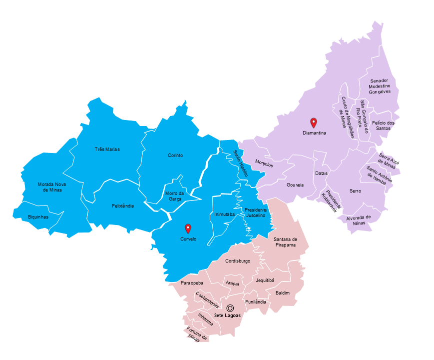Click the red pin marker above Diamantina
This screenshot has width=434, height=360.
[x=314, y=122]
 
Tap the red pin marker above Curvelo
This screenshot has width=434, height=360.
[x=188, y=228]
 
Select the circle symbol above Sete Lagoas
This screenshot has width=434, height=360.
[x=230, y=308]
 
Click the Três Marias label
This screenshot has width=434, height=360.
[x=107, y=149]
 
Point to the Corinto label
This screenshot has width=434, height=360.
[x=175, y=155]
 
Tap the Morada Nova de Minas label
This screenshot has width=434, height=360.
[x=52, y=187]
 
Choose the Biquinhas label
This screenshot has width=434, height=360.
[x=38, y=217]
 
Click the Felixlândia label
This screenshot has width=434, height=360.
[x=122, y=205]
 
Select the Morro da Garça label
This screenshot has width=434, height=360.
[x=174, y=196]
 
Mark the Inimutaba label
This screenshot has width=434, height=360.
[x=224, y=214]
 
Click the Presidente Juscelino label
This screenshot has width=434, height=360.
[x=255, y=212]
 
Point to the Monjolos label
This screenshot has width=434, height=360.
[x=264, y=163]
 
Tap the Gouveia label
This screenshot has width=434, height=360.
[x=295, y=184]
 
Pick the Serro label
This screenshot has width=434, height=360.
[x=355, y=191]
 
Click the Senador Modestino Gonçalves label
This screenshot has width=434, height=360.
[x=383, y=86]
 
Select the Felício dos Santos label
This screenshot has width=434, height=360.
[x=383, y=125]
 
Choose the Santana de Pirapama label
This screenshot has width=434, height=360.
[x=285, y=242]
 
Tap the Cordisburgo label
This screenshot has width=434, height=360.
[x=238, y=261]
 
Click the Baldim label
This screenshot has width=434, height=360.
[x=282, y=292]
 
